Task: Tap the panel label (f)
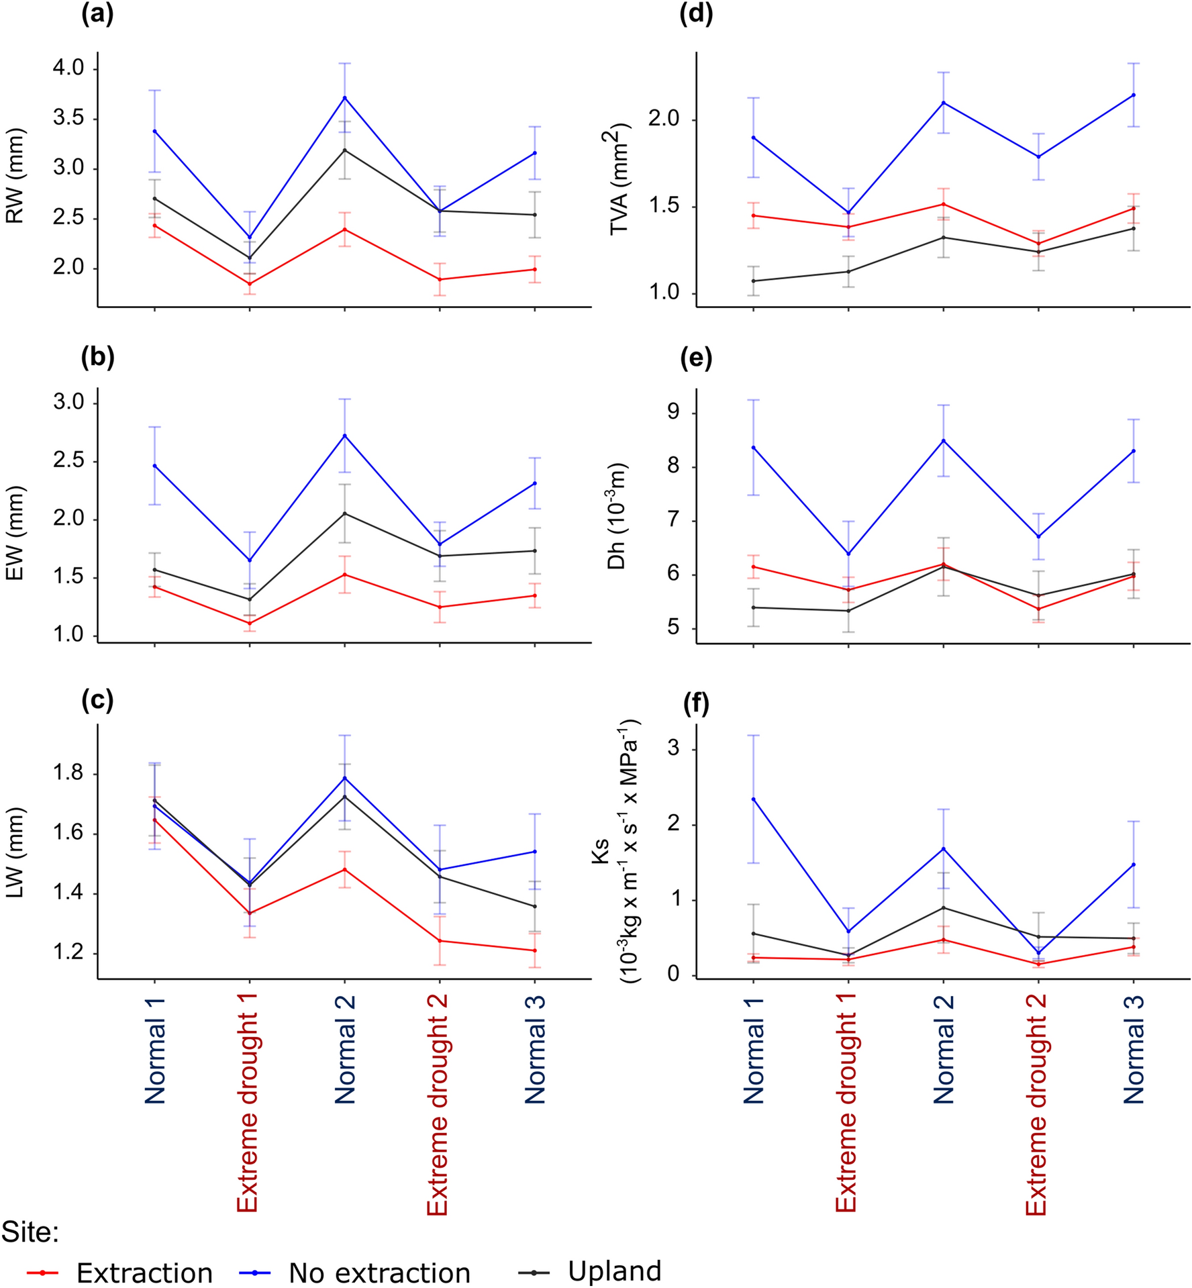[696, 704]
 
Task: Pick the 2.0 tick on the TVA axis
[664, 120]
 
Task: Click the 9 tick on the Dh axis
[673, 413]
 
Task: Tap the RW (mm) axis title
[15, 175]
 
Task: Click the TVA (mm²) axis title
[618, 179]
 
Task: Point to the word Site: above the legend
[30, 1232]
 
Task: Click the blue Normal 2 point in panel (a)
[345, 98]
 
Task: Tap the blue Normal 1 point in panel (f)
[754, 799]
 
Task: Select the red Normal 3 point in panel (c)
[535, 950]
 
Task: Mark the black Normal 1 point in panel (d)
[754, 281]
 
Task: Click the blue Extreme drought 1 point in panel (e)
[849, 554]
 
